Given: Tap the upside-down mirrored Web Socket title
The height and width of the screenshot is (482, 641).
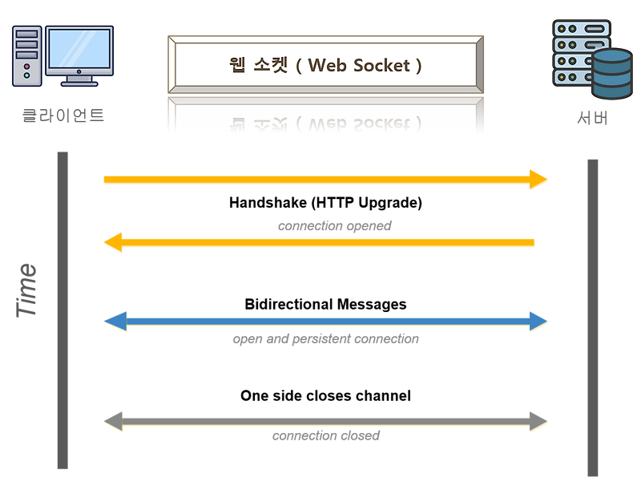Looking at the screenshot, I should [x=325, y=123].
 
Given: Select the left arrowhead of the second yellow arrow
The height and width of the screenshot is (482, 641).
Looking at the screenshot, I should [x=113, y=242].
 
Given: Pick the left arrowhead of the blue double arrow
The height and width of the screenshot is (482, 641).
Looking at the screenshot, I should [x=114, y=321].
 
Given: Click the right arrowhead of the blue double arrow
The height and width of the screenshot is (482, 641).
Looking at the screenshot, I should [x=539, y=321].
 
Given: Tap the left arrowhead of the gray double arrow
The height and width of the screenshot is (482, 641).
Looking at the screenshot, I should [x=114, y=420].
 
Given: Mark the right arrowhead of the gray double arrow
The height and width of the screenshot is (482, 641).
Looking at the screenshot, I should [x=539, y=420].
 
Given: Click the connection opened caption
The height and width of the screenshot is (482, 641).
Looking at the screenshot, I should [x=335, y=226].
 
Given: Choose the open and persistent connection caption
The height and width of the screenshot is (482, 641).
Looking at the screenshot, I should [x=325, y=340].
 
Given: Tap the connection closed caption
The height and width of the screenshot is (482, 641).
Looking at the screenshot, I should [x=326, y=437].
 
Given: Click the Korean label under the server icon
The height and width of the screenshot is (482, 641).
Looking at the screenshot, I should [x=592, y=118].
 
